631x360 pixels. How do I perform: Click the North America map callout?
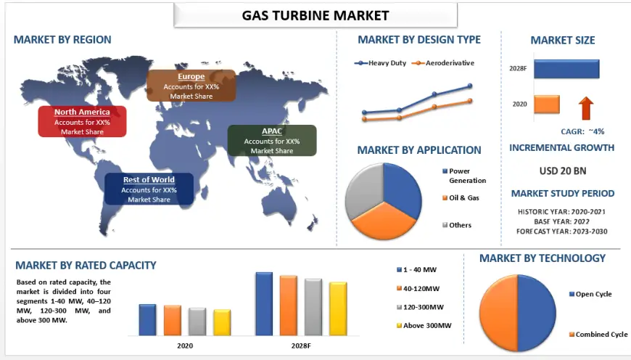82,122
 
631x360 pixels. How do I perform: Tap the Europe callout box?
191,86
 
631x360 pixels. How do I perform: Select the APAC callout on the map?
272,141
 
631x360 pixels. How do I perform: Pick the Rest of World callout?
149,189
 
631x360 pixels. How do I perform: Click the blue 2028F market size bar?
566,69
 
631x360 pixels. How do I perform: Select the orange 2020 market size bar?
547,105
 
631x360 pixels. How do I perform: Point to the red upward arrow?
586,108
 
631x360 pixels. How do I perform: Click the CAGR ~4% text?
582,131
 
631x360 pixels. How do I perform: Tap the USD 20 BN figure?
563,171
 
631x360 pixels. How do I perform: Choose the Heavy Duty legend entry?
380,63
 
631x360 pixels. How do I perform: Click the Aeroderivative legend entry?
443,63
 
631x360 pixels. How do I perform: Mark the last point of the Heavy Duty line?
470,86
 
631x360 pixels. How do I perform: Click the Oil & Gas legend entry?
461,197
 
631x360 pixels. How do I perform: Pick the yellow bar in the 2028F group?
338,309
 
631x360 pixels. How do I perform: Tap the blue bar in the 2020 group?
147,320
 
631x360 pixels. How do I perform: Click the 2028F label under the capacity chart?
302,345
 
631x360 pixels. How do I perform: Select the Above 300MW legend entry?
424,325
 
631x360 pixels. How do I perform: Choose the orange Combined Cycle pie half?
498,313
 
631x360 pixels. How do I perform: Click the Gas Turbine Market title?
315,15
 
